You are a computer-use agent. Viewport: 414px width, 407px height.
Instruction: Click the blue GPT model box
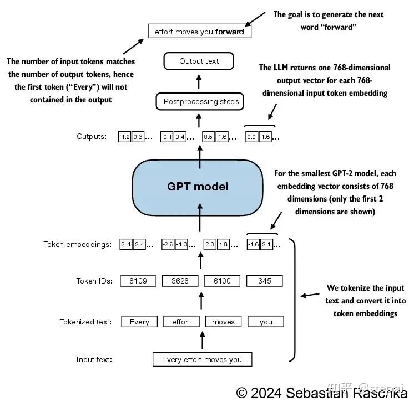[x=198, y=187]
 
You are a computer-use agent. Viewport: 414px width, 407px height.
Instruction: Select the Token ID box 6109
[x=138, y=281]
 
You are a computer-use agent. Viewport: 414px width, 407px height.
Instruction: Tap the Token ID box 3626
[x=180, y=281]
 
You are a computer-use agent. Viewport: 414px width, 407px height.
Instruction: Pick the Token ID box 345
[x=265, y=281]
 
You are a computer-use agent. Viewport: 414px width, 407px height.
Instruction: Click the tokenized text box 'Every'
[x=139, y=322]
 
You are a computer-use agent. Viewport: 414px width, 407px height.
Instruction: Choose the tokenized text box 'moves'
[x=223, y=322]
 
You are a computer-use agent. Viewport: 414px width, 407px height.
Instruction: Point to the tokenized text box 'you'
[x=265, y=322]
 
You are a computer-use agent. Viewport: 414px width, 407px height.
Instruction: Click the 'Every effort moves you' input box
[x=202, y=359]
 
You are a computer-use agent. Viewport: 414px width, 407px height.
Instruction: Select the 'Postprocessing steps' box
[x=201, y=102]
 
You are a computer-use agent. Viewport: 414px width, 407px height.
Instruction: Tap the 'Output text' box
[x=199, y=61]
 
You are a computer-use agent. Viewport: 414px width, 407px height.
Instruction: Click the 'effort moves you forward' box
[x=199, y=32]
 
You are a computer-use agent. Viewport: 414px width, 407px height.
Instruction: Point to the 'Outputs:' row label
[x=92, y=137]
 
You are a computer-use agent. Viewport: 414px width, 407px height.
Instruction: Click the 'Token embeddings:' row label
[x=78, y=244]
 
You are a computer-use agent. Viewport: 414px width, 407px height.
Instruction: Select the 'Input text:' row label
[x=94, y=360]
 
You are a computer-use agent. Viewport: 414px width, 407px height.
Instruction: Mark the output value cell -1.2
[x=124, y=137]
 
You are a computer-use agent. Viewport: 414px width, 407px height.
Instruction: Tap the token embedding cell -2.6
[x=168, y=244]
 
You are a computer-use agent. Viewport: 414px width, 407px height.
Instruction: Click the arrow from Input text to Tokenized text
[x=201, y=340]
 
